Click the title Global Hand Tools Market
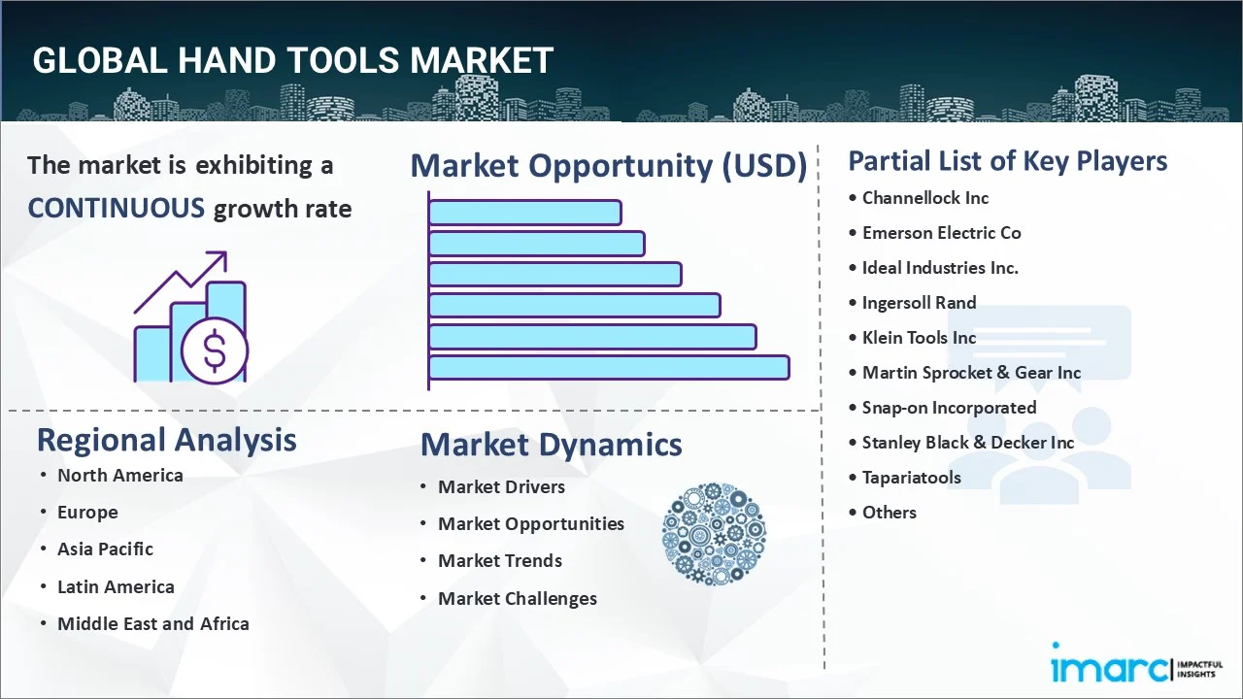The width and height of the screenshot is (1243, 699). [292, 60]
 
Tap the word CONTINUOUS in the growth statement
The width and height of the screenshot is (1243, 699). [116, 208]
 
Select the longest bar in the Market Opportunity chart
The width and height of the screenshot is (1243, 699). [608, 368]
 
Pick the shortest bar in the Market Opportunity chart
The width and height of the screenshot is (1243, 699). [524, 213]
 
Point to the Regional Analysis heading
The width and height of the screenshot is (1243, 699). [166, 440]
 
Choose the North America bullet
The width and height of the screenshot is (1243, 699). [119, 475]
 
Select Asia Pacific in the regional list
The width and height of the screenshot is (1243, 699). [105, 549]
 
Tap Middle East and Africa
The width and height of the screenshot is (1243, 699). [152, 623]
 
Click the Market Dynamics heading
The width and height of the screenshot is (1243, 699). [551, 445]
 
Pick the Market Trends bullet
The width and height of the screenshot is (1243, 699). [499, 560]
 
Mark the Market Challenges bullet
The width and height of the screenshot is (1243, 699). [517, 598]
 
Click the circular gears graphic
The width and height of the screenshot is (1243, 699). [714, 534]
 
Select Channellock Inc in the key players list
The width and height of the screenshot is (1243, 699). [924, 198]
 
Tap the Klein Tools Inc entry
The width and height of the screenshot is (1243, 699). [919, 338]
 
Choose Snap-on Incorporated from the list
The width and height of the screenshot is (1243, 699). [949, 408]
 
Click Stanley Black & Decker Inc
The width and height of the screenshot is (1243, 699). [967, 443]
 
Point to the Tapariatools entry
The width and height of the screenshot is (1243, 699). [911, 478]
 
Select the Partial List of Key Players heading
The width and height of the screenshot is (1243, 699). [1007, 161]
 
